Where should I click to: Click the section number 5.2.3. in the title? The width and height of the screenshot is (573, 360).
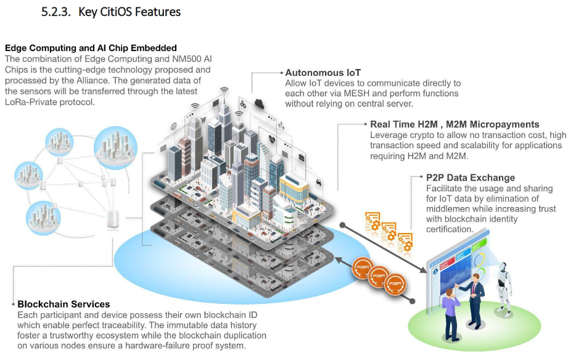pyautogui.click(x=56, y=12)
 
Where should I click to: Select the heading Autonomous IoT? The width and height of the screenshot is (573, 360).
pyautogui.click(x=323, y=73)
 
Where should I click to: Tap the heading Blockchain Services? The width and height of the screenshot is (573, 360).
pyautogui.click(x=64, y=304)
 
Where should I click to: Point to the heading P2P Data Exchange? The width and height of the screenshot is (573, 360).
pyautogui.click(x=470, y=178)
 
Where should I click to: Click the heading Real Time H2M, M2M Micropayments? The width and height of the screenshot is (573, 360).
pyautogui.click(x=455, y=125)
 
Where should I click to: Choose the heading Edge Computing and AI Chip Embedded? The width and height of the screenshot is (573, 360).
pyautogui.click(x=91, y=47)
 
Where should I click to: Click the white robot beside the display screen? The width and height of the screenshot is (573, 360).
pyautogui.click(x=505, y=285)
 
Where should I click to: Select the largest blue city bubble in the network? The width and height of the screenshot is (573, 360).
pyautogui.click(x=114, y=147)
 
